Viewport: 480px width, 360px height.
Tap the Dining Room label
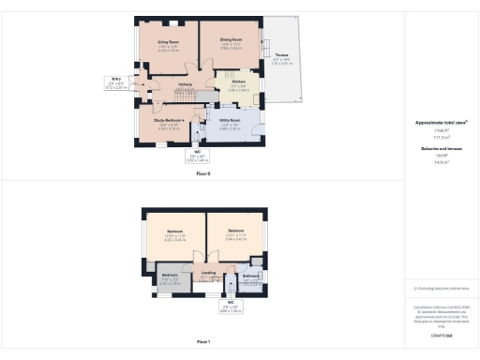(232, 40)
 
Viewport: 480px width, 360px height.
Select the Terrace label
(281, 55)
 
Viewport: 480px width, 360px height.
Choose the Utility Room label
(230, 121)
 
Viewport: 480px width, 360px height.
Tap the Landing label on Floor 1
(208, 272)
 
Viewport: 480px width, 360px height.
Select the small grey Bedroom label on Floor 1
(169, 276)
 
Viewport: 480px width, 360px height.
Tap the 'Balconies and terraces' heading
(441, 148)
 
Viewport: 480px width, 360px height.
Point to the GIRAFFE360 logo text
(441, 334)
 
